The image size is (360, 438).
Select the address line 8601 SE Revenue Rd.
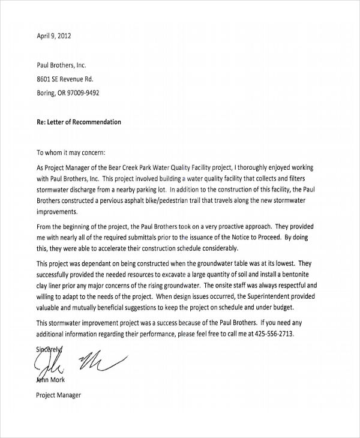[65, 79]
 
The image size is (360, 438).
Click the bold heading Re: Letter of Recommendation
[79, 122]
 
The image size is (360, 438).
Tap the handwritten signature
[78, 360]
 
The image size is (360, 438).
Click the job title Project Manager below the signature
[58, 395]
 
